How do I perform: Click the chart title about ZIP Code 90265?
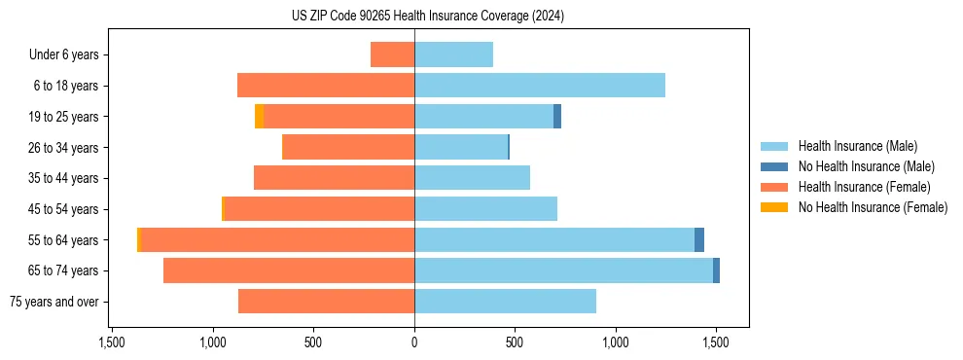pyautogui.click(x=427, y=16)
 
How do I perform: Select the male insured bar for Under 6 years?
pyautogui.click(x=453, y=54)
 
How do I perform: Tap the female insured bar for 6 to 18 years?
pyautogui.click(x=326, y=86)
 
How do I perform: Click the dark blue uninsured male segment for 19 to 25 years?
pyautogui.click(x=557, y=117)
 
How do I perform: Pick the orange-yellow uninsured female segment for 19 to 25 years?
pyautogui.click(x=259, y=117)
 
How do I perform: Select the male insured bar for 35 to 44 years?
pyautogui.click(x=472, y=178)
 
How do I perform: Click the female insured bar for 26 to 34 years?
pyautogui.click(x=348, y=147)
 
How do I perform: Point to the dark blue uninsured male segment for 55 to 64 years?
pyautogui.click(x=699, y=240)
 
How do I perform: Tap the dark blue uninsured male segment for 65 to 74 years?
pyautogui.click(x=716, y=270)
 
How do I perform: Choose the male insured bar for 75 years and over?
pyautogui.click(x=505, y=302)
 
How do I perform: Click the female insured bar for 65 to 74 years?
pyautogui.click(x=289, y=270)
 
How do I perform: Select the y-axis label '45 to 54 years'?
pyautogui.click(x=63, y=209)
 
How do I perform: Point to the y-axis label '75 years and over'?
pyautogui.click(x=54, y=302)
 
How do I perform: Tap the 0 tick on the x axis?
pyautogui.click(x=414, y=342)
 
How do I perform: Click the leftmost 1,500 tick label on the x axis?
pyautogui.click(x=112, y=342)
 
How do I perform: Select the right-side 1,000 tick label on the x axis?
pyautogui.click(x=616, y=342)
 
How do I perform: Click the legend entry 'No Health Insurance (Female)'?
pyautogui.click(x=872, y=207)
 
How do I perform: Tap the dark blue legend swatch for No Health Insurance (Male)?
pyautogui.click(x=775, y=166)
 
